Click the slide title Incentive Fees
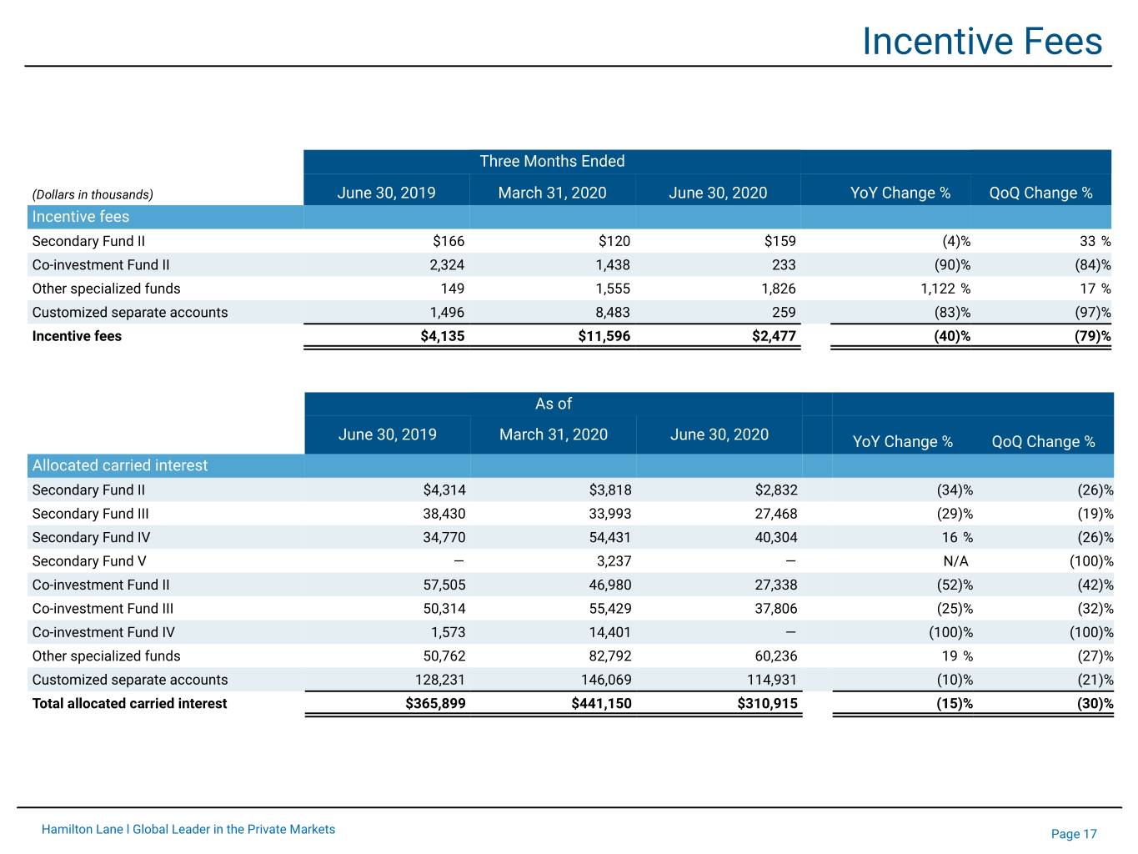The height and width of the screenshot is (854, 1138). (x=982, y=42)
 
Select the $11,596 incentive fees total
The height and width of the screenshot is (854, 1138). (x=604, y=336)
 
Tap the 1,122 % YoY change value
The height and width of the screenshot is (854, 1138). (x=945, y=289)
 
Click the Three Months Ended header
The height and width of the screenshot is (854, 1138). (x=552, y=161)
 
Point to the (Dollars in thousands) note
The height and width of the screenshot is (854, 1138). (x=93, y=194)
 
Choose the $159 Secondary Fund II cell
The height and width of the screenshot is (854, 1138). (x=780, y=241)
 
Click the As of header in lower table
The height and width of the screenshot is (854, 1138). (x=554, y=404)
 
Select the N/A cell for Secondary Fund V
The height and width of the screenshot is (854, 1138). (x=955, y=561)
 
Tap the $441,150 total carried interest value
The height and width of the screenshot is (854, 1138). (x=601, y=703)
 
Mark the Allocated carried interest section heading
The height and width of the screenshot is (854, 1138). (x=120, y=465)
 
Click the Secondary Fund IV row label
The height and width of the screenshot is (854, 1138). (x=91, y=537)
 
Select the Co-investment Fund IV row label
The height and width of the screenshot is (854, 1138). (x=103, y=632)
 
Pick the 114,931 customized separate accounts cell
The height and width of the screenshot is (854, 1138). (x=772, y=680)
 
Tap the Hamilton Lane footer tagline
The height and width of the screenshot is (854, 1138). (x=188, y=829)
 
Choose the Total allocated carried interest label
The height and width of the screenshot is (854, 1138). (x=129, y=703)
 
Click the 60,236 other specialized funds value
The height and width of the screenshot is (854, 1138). (x=775, y=656)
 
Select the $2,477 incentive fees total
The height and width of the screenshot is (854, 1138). (x=774, y=336)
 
